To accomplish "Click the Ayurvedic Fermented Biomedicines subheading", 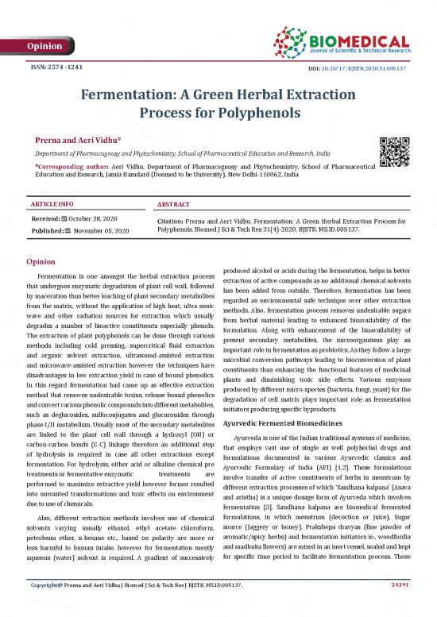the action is (x=286, y=425).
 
